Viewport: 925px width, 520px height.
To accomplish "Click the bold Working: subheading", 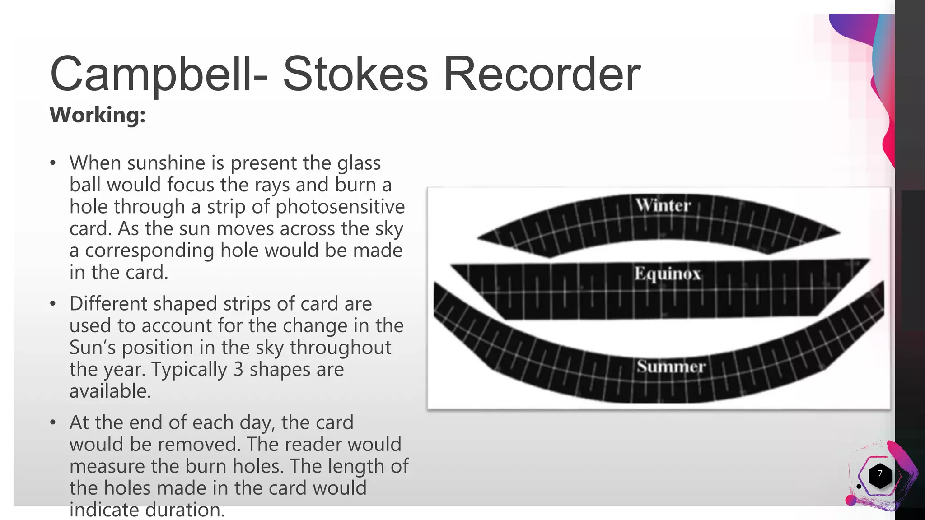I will coord(98,115).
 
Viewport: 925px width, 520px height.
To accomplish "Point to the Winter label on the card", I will coord(663,205).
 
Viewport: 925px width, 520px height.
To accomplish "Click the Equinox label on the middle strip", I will coord(667,274).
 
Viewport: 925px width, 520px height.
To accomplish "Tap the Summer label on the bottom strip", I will coord(671,367).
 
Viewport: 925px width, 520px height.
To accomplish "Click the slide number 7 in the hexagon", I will coord(879,474).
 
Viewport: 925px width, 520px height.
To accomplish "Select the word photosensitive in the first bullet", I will coord(340,207).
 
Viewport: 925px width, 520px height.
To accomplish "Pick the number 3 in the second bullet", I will coord(238,369).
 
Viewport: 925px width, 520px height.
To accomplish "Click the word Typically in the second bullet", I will coord(188,369).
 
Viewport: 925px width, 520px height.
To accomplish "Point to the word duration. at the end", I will coord(185,510).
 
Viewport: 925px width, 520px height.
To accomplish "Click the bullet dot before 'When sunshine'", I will coord(53,163).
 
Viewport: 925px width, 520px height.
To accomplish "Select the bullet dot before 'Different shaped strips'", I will coord(53,304).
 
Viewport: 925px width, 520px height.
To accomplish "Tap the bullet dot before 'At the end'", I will coord(53,423).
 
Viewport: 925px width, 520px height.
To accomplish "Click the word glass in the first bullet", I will coord(359,163).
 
